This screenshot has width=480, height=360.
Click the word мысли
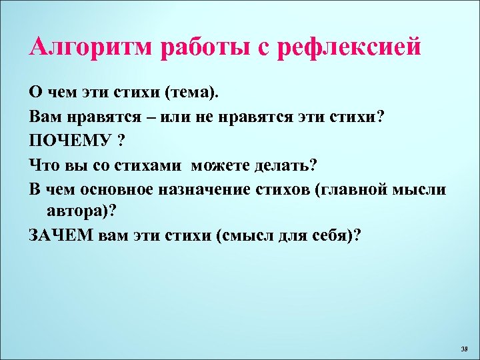click(421, 189)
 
